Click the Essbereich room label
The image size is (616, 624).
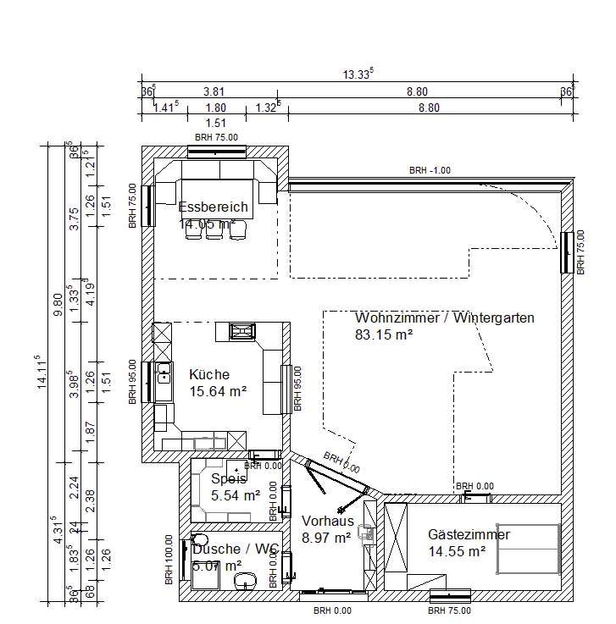(213, 207)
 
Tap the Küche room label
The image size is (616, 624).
(209, 374)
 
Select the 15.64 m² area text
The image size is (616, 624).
(218, 391)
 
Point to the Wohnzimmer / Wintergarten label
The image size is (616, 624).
(444, 318)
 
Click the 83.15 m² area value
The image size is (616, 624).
(384, 334)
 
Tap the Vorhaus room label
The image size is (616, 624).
(327, 521)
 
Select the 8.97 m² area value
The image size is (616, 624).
(326, 537)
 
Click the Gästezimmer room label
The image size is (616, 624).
(469, 534)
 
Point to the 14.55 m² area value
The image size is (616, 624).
(457, 551)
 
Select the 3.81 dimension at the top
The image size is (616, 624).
(213, 91)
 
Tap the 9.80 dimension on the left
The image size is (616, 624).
(58, 302)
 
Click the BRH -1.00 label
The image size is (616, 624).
(430, 170)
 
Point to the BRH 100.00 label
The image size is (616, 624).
(169, 560)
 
